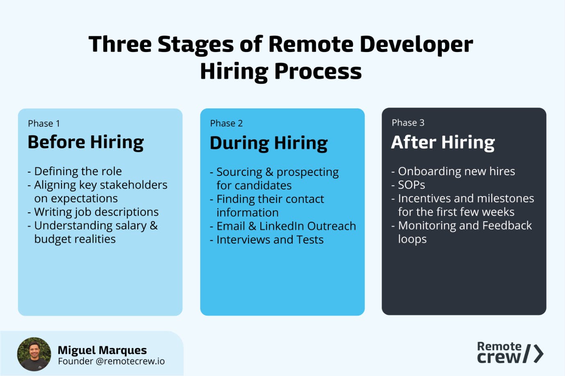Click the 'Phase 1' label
point(44,124)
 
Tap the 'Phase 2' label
point(226,123)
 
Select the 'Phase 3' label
point(408,123)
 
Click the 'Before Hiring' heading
point(86,142)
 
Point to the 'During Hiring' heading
point(269,143)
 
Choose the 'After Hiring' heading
point(443,142)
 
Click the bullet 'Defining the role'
point(78,171)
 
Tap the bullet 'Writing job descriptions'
point(96,212)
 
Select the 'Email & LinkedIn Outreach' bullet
point(286,226)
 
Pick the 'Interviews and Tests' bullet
point(270,240)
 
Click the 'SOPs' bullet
point(411,185)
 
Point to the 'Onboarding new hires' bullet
point(457,171)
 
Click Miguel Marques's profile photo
point(34,354)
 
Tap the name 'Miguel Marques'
point(102,350)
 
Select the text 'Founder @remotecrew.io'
point(111,361)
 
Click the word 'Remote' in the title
point(311,44)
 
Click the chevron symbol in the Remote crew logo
point(539,354)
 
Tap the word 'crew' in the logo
point(499,357)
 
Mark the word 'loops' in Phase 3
point(412,239)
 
